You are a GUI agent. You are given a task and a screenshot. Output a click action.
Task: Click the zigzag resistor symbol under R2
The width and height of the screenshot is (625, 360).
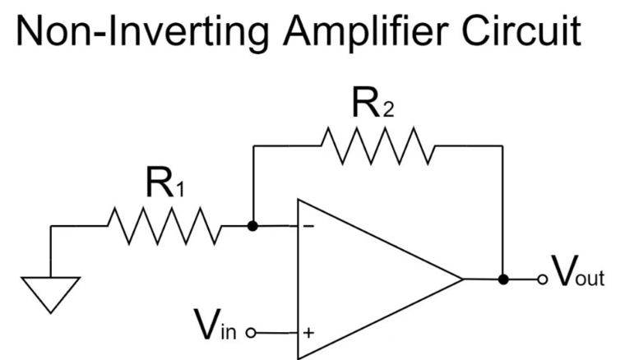[x=377, y=145]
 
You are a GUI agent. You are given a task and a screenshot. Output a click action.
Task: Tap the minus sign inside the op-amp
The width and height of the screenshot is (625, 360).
[x=308, y=226]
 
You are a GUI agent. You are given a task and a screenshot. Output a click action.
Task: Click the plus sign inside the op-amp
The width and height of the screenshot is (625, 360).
[x=308, y=333]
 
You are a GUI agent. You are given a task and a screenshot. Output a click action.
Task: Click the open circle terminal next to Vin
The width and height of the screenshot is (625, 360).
[x=252, y=333]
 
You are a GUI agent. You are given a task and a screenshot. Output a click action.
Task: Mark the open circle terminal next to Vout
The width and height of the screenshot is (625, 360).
[x=540, y=279]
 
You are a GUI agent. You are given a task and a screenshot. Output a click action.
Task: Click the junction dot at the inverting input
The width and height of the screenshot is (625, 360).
[x=252, y=225]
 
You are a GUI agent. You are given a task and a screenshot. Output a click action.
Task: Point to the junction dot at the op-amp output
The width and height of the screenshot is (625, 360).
[x=503, y=279]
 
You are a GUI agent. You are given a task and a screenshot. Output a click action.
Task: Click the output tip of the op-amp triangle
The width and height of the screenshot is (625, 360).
[x=461, y=279]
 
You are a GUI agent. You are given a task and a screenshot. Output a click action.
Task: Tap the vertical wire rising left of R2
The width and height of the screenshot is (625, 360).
[x=252, y=185]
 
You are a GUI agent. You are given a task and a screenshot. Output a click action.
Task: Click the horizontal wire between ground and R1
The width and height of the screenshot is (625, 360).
[x=78, y=225]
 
